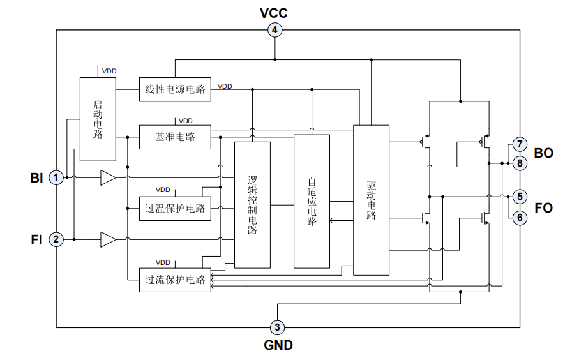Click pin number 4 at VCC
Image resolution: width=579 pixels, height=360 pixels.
275,30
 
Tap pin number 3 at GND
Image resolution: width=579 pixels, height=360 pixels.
277,327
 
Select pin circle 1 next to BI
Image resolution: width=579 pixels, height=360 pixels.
57,177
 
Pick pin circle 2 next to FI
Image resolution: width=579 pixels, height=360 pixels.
57,240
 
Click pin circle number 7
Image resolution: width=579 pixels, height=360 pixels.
520,144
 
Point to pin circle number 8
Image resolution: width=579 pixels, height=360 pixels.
520,163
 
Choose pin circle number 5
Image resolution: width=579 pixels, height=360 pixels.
520,196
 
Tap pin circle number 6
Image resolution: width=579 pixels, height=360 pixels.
520,218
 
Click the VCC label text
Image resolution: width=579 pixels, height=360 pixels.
274,13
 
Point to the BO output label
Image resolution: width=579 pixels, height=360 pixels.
544,153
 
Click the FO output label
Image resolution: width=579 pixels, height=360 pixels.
544,207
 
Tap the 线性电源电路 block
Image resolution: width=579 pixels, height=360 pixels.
175,89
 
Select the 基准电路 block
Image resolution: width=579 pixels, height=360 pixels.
175,137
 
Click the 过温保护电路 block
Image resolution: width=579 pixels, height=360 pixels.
175,208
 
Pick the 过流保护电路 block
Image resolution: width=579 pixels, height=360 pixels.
175,280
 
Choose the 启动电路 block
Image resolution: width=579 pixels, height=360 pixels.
98,119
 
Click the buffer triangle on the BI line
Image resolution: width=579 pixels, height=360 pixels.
108,177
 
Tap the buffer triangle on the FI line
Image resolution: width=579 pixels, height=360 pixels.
108,240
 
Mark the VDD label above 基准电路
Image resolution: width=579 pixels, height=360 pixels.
186,120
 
